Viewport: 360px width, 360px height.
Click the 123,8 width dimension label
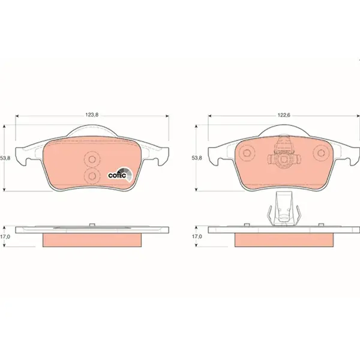click(92, 115)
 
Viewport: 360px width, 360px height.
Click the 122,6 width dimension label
click(284, 115)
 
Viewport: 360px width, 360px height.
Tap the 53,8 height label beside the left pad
click(5, 158)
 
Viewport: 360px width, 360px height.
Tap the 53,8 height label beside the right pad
click(197, 158)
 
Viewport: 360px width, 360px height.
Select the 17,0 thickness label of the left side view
click(5, 236)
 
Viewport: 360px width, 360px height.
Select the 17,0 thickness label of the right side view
click(197, 236)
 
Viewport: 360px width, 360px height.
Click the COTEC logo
click(121, 175)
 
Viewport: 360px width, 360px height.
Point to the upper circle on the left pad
click(92, 159)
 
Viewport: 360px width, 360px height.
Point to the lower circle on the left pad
click(92, 176)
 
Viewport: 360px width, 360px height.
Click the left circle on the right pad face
click(247, 153)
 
